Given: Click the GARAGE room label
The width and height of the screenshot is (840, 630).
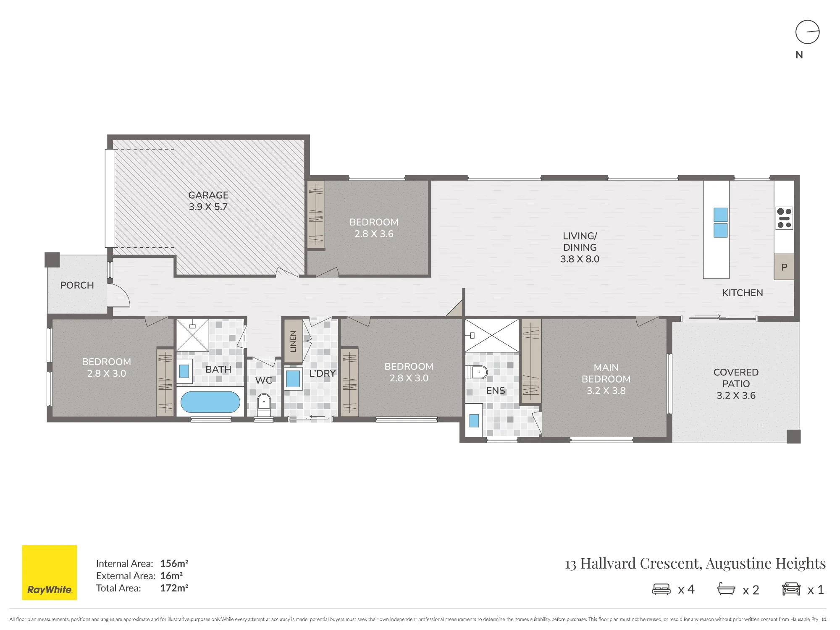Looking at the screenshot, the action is pyautogui.click(x=208, y=195).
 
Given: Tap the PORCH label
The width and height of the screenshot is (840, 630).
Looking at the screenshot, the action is pyautogui.click(x=77, y=285).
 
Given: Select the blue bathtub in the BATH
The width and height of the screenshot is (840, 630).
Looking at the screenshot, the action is pyautogui.click(x=210, y=402).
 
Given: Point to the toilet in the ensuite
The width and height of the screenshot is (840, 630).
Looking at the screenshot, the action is pyautogui.click(x=476, y=372).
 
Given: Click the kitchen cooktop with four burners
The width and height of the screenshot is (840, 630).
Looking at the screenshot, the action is pyautogui.click(x=784, y=218).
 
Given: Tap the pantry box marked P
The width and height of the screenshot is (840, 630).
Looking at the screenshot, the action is pyautogui.click(x=784, y=267).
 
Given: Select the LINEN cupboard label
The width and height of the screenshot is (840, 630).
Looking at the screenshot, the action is pyautogui.click(x=293, y=341).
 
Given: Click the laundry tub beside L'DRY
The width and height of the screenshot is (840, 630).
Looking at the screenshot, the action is pyautogui.click(x=293, y=378).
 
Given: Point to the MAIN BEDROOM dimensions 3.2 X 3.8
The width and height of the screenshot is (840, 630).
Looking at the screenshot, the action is pyautogui.click(x=606, y=391).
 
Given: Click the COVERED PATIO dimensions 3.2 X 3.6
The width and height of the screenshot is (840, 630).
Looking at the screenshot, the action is pyautogui.click(x=736, y=395).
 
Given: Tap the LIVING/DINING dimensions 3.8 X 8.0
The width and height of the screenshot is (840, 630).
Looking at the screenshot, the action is pyautogui.click(x=580, y=259).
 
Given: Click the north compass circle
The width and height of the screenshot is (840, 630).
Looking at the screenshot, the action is pyautogui.click(x=808, y=32).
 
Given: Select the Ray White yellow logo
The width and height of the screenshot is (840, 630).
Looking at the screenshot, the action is pyautogui.click(x=50, y=572).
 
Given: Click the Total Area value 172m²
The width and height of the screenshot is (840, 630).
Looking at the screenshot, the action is pyautogui.click(x=174, y=588).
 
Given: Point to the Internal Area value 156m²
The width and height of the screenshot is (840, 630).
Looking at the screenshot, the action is pyautogui.click(x=174, y=564).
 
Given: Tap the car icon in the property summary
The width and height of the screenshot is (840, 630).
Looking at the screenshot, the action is pyautogui.click(x=791, y=589).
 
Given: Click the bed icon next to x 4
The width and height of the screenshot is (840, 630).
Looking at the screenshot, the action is pyautogui.click(x=661, y=589).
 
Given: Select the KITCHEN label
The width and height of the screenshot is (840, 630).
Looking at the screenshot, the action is pyautogui.click(x=743, y=293).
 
